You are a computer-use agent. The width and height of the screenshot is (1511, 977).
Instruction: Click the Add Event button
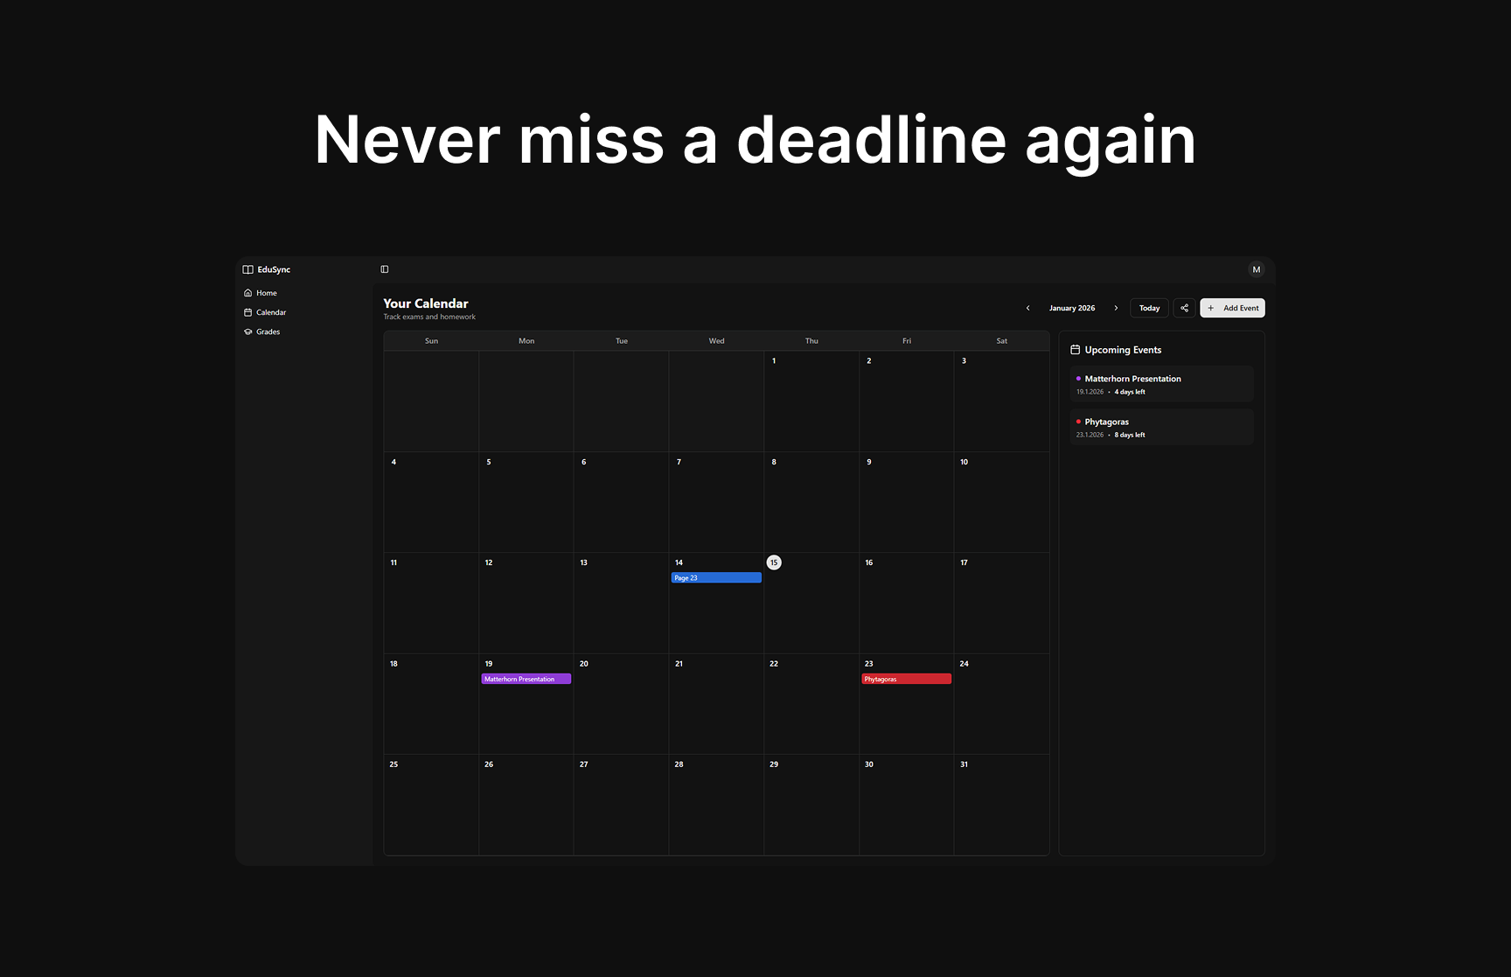[1232, 308]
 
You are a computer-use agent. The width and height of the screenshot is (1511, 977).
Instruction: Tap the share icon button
[1184, 308]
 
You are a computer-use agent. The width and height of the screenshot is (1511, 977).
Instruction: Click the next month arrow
[1116, 308]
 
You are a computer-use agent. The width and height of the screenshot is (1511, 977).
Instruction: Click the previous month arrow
[1027, 308]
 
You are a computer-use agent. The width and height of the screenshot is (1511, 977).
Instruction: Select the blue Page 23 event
[715, 578]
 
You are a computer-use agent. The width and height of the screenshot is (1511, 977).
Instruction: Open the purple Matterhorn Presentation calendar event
[526, 679]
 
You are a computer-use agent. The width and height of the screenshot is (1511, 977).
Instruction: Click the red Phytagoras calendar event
[906, 679]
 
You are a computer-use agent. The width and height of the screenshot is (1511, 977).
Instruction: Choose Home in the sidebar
[266, 293]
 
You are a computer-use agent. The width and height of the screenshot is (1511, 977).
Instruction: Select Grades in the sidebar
[268, 331]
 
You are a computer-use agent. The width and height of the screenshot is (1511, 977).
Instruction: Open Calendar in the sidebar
[270, 312]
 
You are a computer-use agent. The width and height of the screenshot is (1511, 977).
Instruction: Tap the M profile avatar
[1257, 269]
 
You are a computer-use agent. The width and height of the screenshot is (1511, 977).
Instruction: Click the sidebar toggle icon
[385, 269]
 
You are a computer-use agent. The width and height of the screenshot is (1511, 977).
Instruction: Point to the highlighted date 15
[774, 562]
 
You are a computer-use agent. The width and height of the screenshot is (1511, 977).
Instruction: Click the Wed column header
[716, 341]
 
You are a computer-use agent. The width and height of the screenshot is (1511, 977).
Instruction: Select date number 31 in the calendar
[964, 764]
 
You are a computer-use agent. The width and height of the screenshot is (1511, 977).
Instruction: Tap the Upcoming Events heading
[1123, 350]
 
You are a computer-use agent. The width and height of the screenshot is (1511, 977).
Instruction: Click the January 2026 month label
[1072, 308]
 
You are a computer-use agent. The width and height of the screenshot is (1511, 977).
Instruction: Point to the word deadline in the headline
[871, 140]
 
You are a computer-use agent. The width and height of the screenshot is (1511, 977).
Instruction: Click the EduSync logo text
[274, 269]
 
